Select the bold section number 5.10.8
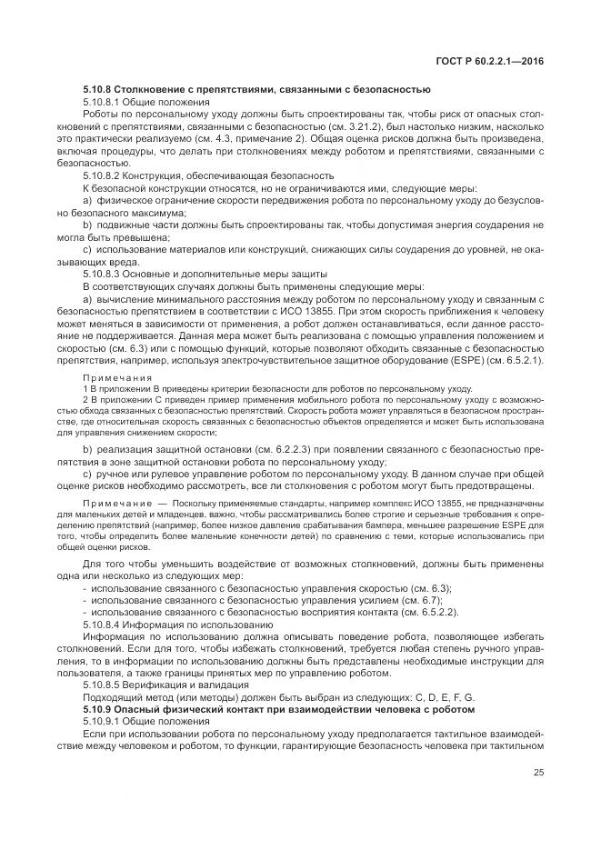[101, 88]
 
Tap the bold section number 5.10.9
[101, 708]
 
